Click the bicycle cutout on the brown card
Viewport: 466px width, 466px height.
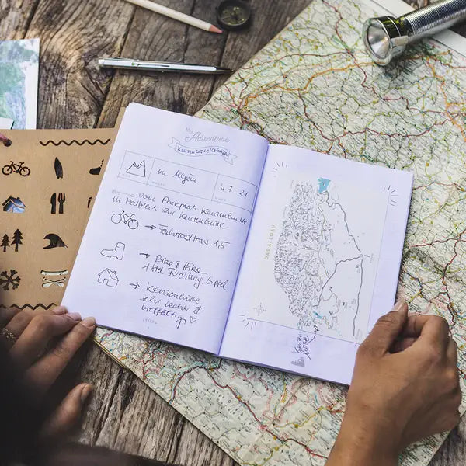16,169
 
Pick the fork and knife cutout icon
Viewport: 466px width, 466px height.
57,203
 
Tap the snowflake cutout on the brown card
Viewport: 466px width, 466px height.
9,280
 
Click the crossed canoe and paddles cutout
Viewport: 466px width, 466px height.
54,278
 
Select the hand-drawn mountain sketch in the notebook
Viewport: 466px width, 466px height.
136,169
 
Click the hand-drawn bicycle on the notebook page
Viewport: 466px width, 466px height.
125,219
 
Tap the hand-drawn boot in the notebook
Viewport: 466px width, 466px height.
113,251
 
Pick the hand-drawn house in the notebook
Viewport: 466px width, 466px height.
107,276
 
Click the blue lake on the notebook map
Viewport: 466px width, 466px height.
323,185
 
